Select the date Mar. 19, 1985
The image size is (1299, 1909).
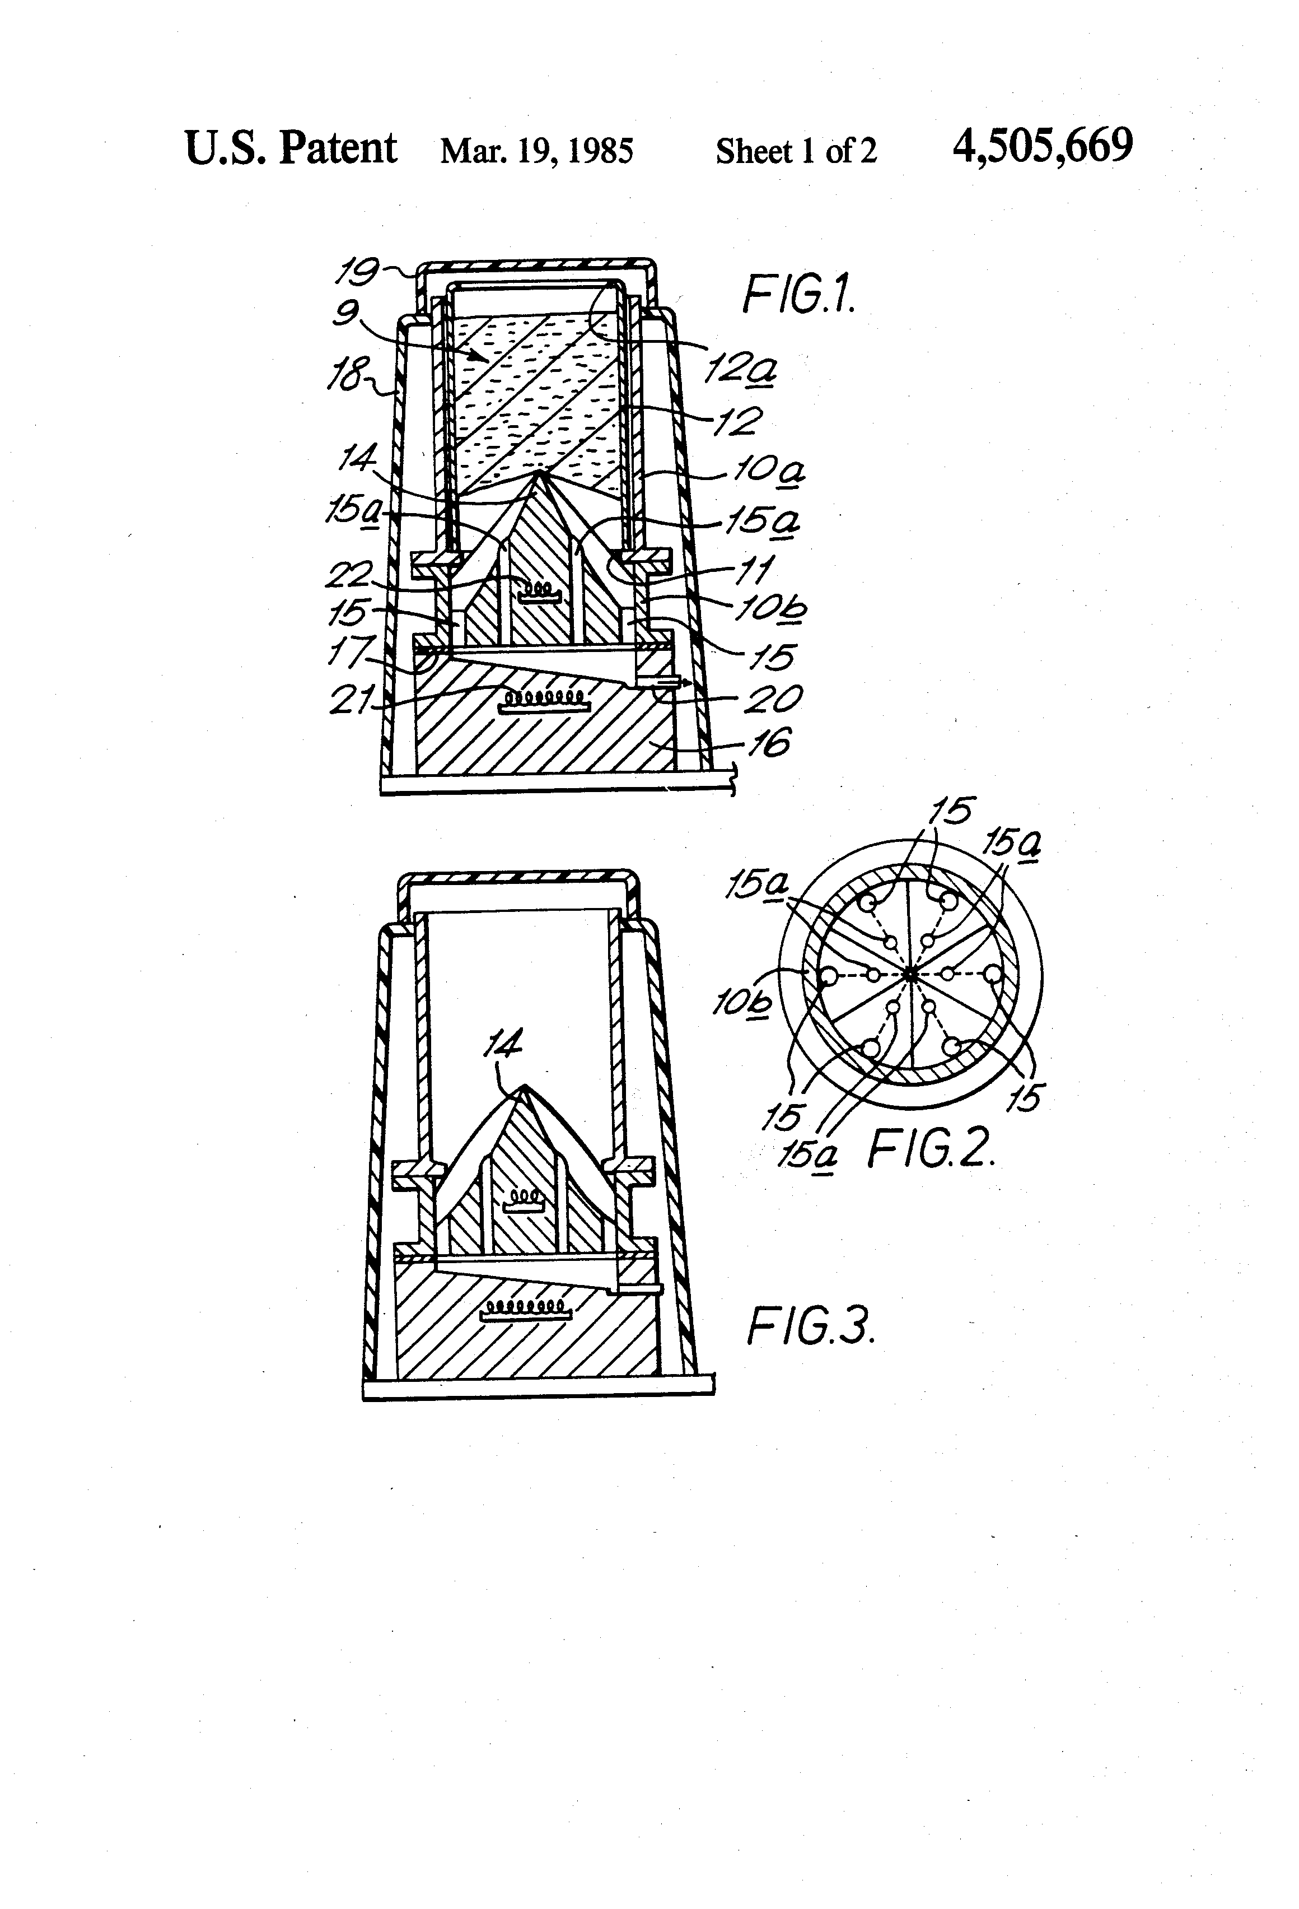pyautogui.click(x=536, y=151)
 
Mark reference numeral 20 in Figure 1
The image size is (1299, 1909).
pyautogui.click(x=772, y=699)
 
